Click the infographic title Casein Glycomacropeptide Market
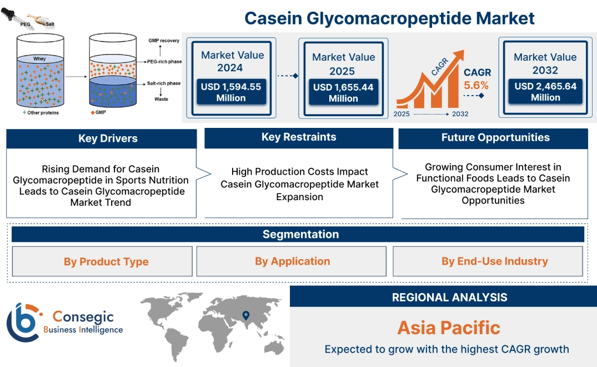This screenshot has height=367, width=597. click(x=389, y=18)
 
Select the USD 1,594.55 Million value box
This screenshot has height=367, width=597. click(x=230, y=92)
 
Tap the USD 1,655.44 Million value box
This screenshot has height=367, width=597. click(x=343, y=93)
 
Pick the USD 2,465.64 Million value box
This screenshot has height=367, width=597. click(x=545, y=92)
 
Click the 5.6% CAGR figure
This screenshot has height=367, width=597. click(x=476, y=85)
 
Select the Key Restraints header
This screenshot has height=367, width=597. click(x=299, y=137)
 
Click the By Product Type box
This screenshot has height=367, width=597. click(x=106, y=261)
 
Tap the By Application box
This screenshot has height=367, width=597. click(x=292, y=261)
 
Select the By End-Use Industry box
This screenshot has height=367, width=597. click(x=494, y=261)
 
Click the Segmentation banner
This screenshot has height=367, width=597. click(x=300, y=234)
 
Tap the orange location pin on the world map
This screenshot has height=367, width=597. click(x=245, y=316)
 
